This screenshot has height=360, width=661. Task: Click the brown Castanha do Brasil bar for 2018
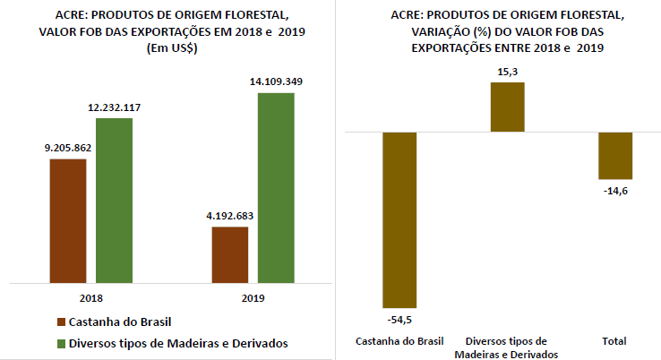(x=68, y=219)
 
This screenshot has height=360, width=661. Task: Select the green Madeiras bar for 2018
(x=114, y=198)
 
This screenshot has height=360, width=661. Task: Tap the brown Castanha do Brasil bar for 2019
(x=230, y=253)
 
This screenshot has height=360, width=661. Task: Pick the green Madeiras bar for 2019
(x=276, y=185)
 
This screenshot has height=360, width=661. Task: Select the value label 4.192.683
(x=230, y=216)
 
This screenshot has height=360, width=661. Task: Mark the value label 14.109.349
(x=276, y=81)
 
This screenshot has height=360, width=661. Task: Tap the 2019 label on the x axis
(x=253, y=296)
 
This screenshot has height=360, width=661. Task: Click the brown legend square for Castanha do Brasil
(x=61, y=321)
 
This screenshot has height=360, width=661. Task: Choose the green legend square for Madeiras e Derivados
(x=61, y=343)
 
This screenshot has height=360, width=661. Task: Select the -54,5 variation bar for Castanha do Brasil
(x=399, y=219)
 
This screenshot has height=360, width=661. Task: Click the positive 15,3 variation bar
(x=507, y=107)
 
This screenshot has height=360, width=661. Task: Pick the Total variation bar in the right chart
(x=615, y=155)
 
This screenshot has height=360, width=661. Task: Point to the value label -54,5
(x=399, y=319)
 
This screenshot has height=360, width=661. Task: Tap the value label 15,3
(x=507, y=71)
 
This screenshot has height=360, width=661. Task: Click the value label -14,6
(x=615, y=191)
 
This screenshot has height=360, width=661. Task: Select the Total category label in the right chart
(x=614, y=341)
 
